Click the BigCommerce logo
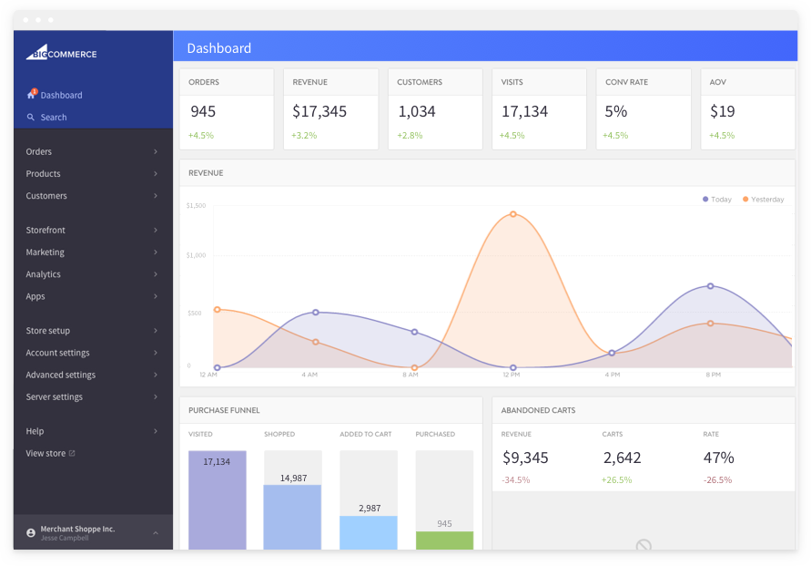(61, 53)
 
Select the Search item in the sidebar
(53, 118)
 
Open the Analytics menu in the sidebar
(43, 274)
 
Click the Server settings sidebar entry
(54, 397)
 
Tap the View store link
(46, 454)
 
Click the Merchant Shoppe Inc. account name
(77, 530)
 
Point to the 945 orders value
(203, 112)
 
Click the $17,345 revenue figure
(319, 112)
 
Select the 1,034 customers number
(417, 112)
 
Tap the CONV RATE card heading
(626, 82)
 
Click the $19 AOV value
(723, 112)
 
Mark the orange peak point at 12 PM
(513, 214)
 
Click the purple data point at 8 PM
(711, 286)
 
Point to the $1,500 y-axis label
(196, 206)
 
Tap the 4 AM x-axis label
(309, 375)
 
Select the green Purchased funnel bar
(444, 540)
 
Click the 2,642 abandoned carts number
(622, 458)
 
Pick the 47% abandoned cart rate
(718, 458)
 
